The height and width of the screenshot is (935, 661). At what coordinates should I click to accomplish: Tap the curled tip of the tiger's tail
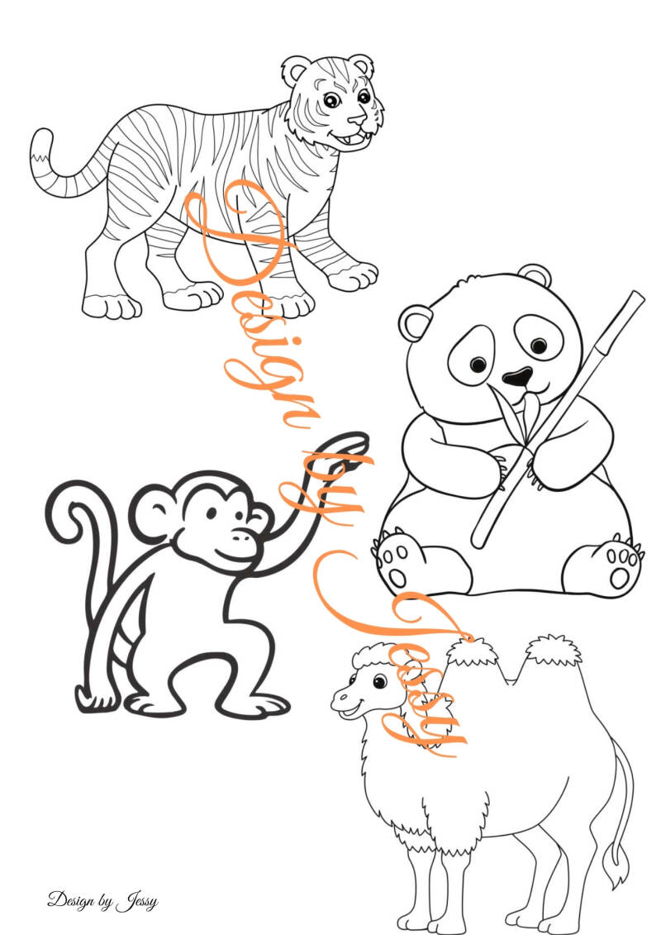(x=40, y=144)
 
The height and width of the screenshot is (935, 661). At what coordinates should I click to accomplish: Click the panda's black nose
(x=516, y=375)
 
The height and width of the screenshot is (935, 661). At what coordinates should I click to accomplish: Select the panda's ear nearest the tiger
(x=416, y=322)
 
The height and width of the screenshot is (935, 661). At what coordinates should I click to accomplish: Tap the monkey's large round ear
(x=151, y=513)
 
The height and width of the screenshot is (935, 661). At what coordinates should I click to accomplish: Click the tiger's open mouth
(x=353, y=141)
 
